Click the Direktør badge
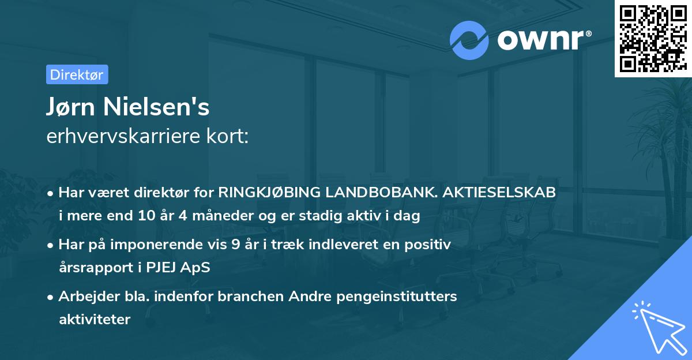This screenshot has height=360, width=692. click(x=77, y=74)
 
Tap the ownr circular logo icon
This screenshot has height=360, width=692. click(x=470, y=40)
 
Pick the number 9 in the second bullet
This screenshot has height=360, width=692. click(x=235, y=245)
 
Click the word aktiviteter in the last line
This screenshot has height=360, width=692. click(x=95, y=319)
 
